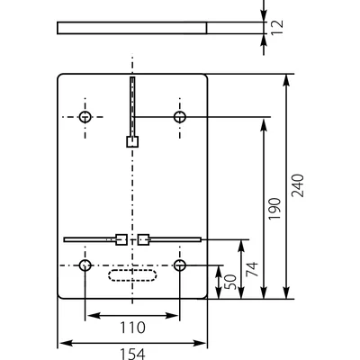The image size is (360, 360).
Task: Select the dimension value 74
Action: click(x=252, y=267)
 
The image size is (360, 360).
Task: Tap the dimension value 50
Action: click(x=231, y=281)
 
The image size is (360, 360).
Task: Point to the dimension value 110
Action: click(x=132, y=328)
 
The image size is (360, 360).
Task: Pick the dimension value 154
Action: click(x=132, y=354)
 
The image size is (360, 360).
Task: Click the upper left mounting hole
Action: click(x=85, y=118)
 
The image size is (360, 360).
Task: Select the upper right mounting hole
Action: click(x=180, y=118)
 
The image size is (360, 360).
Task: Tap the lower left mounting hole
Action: click(x=85, y=265)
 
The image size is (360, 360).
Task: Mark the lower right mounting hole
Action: click(x=180, y=265)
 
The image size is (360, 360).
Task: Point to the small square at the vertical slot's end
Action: click(x=132, y=141)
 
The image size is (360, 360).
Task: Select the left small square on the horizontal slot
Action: click(x=121, y=239)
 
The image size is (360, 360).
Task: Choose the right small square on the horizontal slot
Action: click(x=143, y=239)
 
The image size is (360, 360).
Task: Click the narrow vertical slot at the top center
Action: click(x=132, y=103)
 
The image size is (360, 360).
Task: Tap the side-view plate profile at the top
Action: click(x=132, y=27)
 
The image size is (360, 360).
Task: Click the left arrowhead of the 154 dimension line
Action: click(x=61, y=342)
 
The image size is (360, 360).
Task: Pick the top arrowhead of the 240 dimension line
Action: click(x=286, y=77)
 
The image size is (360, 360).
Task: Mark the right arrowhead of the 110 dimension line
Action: click(x=176, y=317)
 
